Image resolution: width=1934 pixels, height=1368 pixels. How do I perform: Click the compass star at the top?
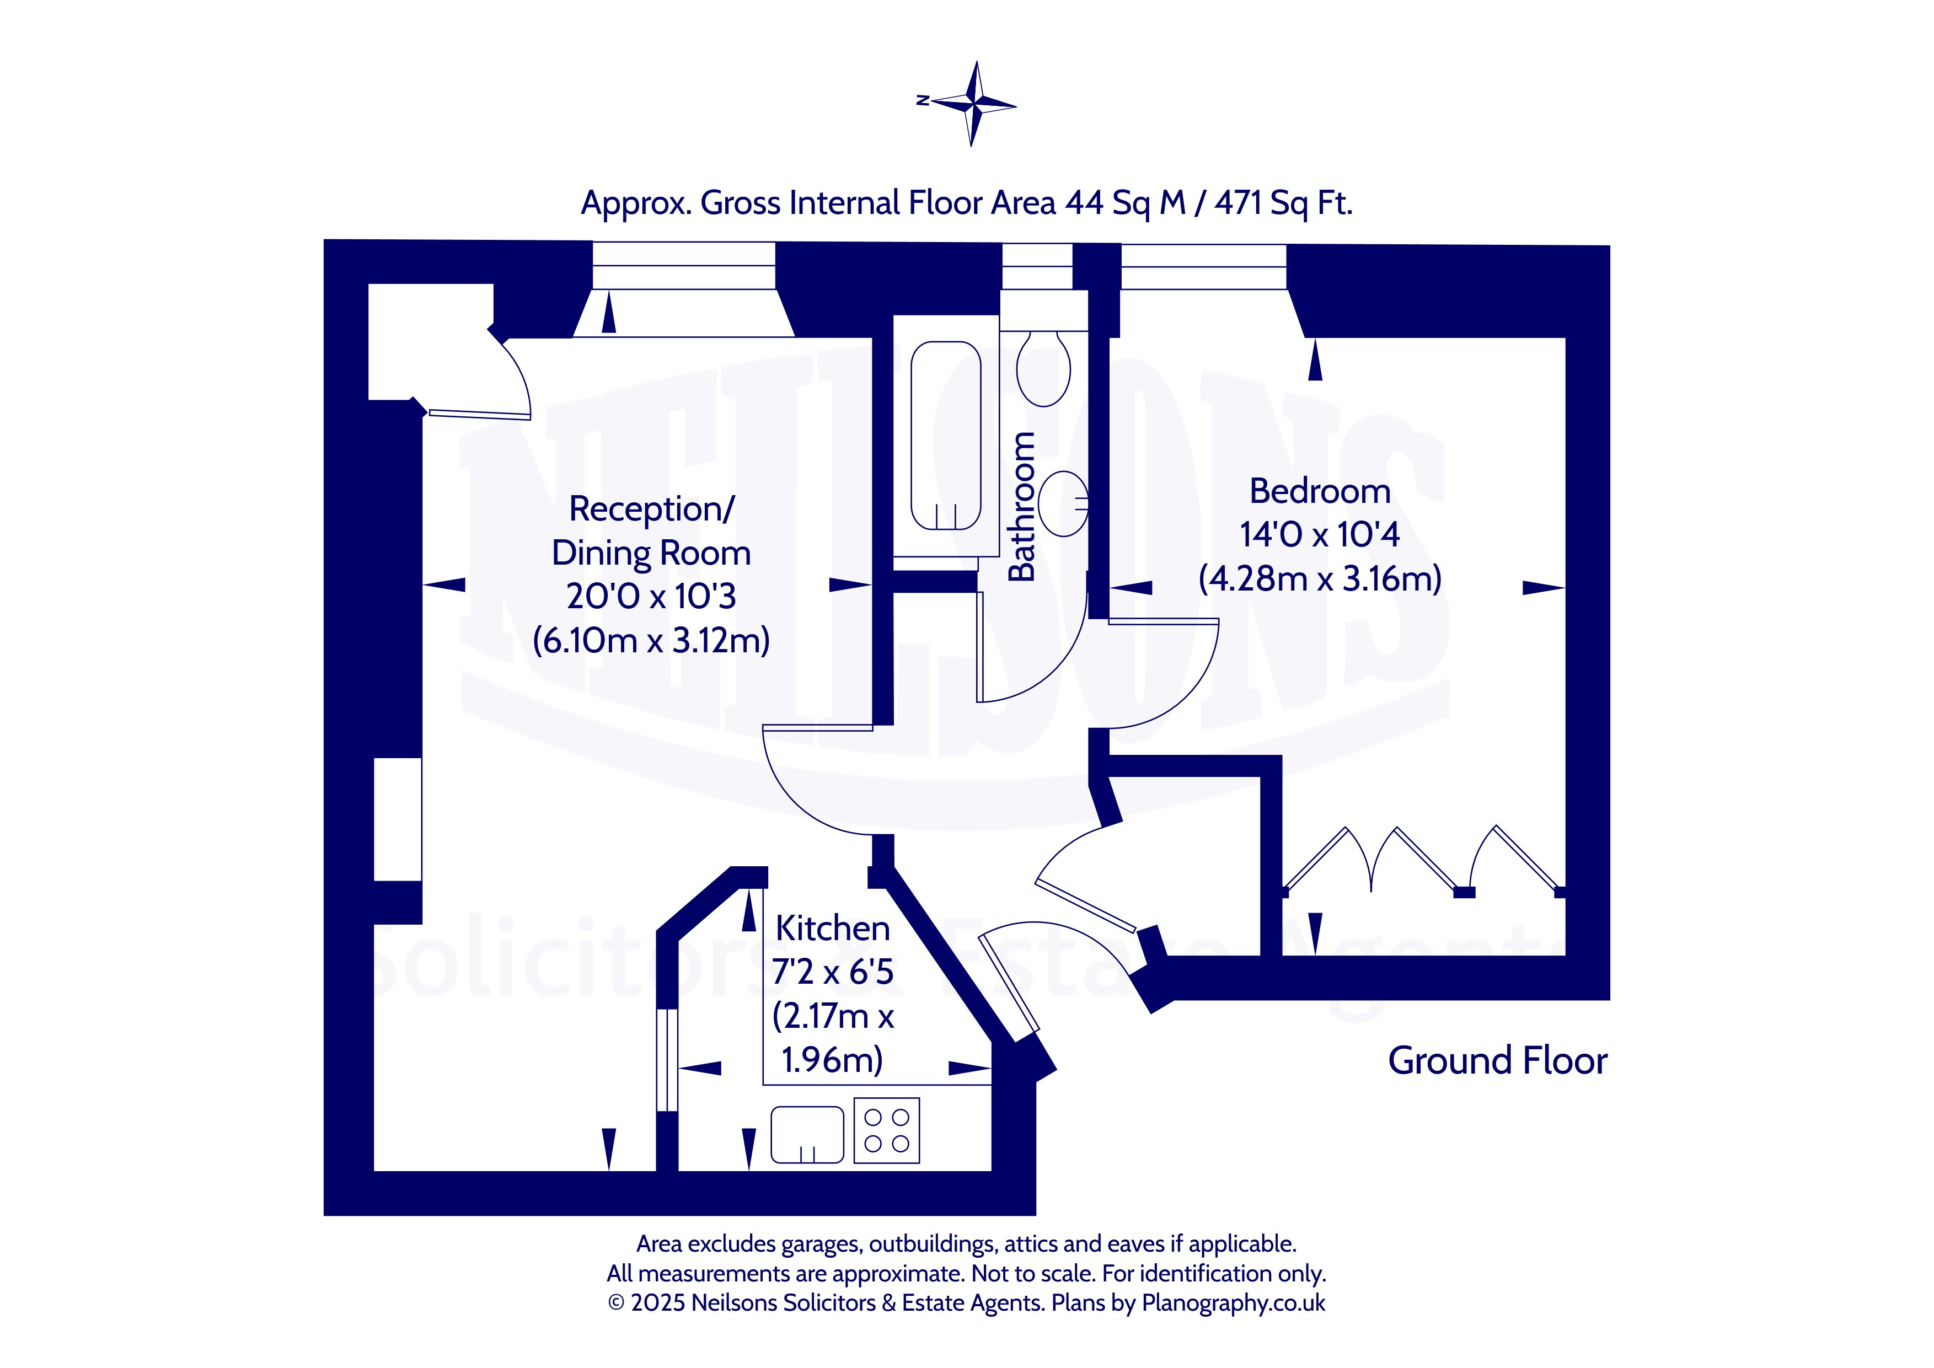(974, 104)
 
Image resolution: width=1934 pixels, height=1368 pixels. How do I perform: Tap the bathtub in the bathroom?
(945, 436)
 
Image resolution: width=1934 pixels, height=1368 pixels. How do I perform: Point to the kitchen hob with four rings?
(886, 1130)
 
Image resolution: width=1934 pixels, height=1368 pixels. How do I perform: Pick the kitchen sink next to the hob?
(807, 1134)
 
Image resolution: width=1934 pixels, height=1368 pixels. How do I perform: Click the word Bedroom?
(1319, 491)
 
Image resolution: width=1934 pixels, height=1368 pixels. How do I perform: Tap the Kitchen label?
(832, 929)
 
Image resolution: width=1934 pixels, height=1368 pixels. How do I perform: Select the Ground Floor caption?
(1497, 1060)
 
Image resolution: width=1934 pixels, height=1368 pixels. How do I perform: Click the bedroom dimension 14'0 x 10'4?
(1319, 535)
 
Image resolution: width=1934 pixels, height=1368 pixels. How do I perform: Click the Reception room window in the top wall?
(683, 265)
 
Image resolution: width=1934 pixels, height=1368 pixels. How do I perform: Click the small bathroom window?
(1036, 266)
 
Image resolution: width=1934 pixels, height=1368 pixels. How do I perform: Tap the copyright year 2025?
(658, 1303)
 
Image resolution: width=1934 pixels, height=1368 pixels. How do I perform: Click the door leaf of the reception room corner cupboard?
(479, 414)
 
